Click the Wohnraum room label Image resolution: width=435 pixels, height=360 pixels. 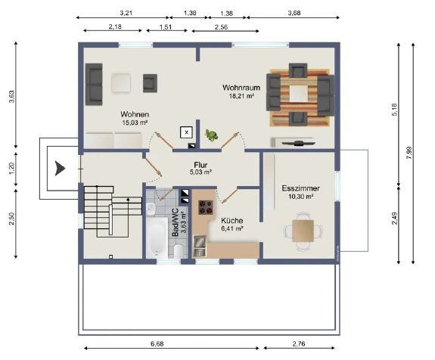tap(241, 88)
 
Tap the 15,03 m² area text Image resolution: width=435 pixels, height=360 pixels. tap(135, 123)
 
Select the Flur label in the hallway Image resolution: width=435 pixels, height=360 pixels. tap(200, 165)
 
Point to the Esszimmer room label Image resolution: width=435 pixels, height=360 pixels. tap(301, 188)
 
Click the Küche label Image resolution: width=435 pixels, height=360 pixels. tap(232, 221)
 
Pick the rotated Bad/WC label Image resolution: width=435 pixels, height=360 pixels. tap(176, 222)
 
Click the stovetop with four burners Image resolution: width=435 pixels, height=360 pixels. tap(206, 207)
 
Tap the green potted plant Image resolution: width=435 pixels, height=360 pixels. tap(211, 135)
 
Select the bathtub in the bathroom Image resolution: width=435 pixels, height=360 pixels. tap(157, 237)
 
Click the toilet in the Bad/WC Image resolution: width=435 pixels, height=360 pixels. tap(179, 251)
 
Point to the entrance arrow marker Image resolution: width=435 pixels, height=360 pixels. tap(60, 169)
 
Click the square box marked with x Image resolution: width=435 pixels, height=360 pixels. tap(186, 132)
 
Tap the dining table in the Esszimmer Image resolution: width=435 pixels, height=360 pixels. tap(303, 231)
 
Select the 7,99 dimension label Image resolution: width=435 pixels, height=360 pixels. tap(409, 153)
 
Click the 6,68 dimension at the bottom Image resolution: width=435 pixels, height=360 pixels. tap(157, 344)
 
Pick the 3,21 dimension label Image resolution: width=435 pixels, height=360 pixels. tap(126, 13)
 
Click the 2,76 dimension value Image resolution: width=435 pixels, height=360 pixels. tap(299, 344)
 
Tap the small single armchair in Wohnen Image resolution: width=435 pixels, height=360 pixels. tap(150, 83)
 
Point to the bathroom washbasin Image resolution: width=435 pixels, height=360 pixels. tap(151, 209)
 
